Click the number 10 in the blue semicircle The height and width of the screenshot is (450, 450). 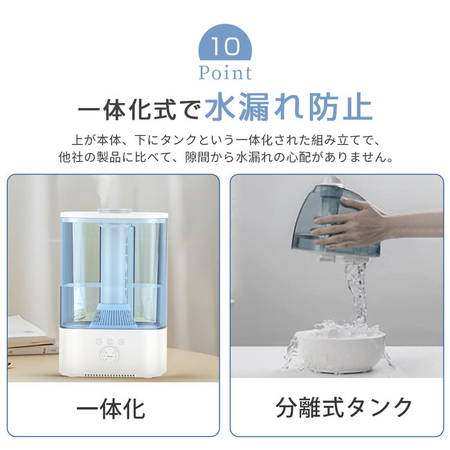click(225, 46)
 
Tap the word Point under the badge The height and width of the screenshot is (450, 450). click(225, 73)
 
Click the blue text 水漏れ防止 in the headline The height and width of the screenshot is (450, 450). click(289, 107)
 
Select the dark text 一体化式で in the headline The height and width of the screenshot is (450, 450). click(138, 109)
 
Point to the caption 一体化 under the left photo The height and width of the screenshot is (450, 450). click(111, 410)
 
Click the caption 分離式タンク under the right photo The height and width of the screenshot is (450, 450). click(343, 408)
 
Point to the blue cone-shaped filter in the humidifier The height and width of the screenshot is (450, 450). click(112, 316)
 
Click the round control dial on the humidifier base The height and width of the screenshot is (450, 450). click(110, 357)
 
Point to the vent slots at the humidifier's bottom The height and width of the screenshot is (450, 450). click(110, 375)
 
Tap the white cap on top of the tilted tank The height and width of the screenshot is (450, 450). click(332, 181)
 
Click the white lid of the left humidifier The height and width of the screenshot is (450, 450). click(114, 215)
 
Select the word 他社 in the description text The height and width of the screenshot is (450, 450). click(71, 157)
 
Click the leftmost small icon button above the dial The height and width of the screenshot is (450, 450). click(99, 341)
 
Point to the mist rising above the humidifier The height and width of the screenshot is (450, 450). click(105, 191)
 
